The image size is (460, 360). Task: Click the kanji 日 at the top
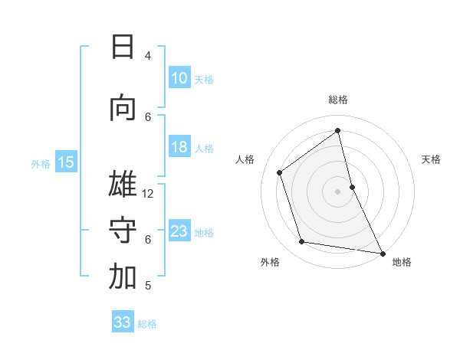point(123,47)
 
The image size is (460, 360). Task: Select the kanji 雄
point(123,185)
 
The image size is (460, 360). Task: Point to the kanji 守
point(123,231)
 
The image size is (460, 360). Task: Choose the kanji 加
point(123,277)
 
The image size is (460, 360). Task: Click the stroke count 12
point(148,194)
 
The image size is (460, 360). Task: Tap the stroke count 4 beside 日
point(148,56)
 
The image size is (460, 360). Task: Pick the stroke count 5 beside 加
point(148,286)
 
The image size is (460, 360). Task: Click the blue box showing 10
point(179,78)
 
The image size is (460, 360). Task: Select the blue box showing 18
point(179,147)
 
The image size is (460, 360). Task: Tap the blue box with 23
point(179,231)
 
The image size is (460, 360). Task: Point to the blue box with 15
point(66,162)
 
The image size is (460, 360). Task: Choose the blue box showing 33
point(123,322)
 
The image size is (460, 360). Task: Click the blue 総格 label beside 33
point(147,324)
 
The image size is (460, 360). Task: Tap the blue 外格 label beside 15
point(41,163)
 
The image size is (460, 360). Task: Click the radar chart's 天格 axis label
point(431,160)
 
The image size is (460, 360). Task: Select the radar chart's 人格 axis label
point(245,160)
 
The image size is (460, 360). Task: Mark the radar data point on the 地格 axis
point(381,252)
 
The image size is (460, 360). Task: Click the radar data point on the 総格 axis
point(338,130)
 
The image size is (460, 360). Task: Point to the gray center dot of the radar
point(337,191)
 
